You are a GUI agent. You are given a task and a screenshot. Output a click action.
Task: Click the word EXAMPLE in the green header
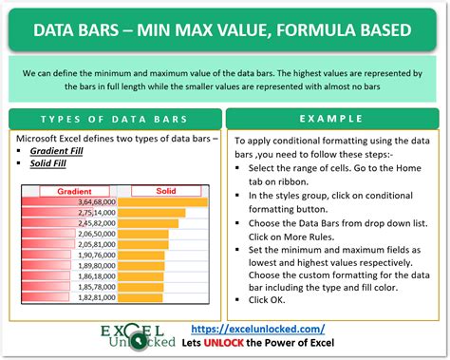pos(333,119)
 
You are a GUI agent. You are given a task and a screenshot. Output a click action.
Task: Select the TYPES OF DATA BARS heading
pos(112,119)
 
